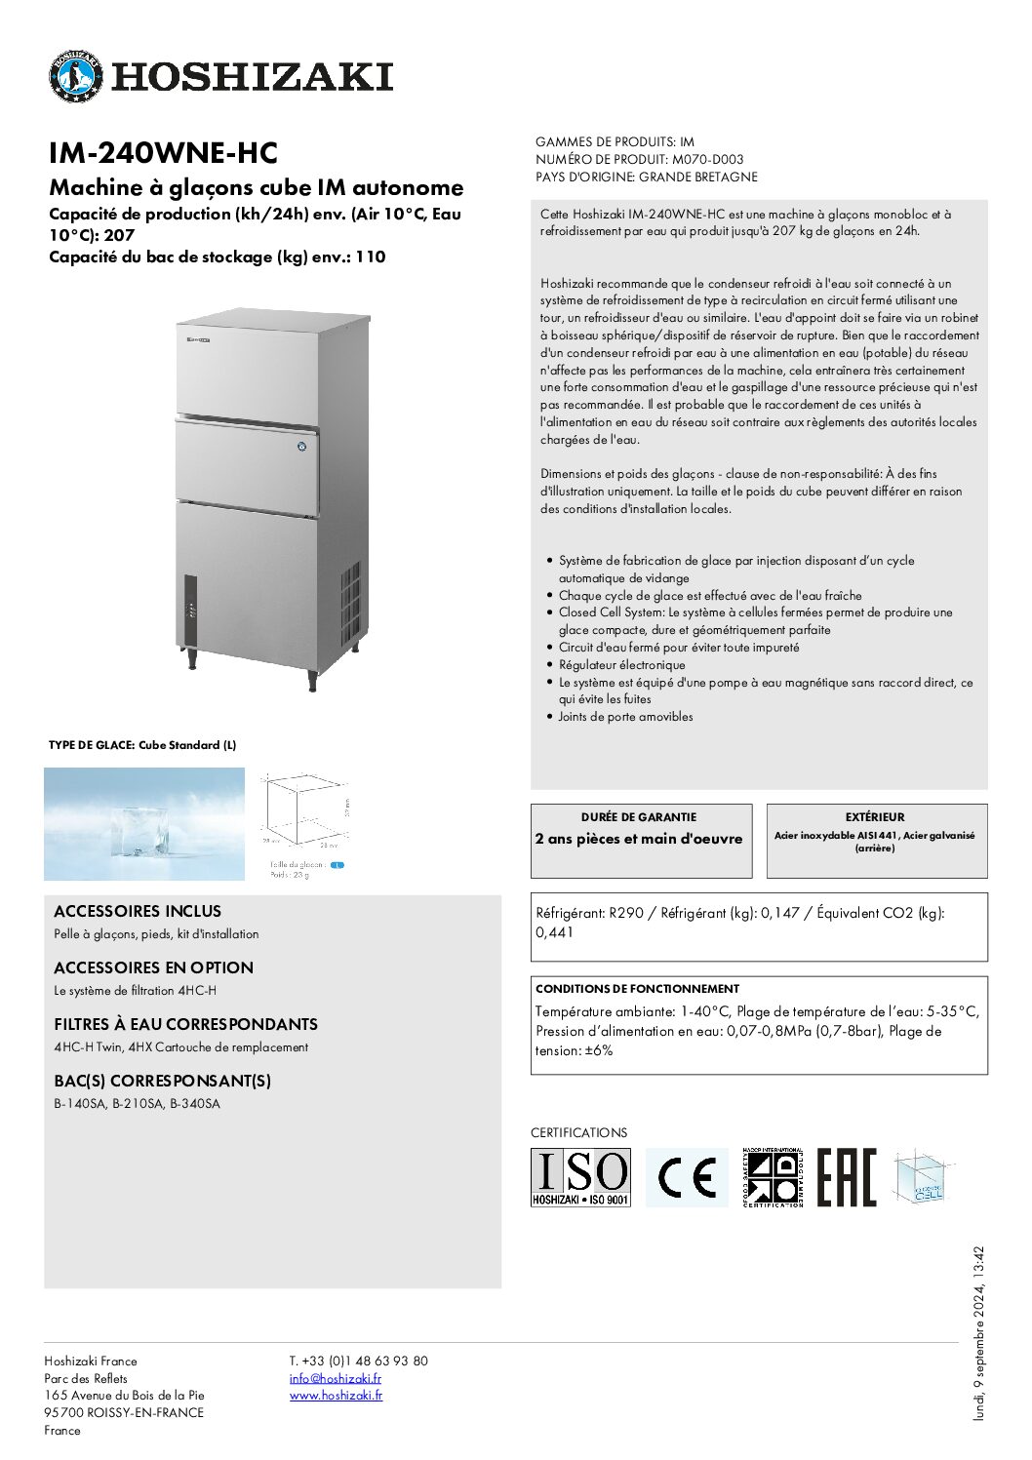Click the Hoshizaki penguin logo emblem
(76, 76)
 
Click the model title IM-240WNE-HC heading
(163, 153)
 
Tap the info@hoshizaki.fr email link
(335, 1378)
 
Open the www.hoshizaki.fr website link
(336, 1395)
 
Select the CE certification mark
(687, 1177)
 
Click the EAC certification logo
(846, 1177)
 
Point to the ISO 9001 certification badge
(580, 1177)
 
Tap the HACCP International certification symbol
(772, 1177)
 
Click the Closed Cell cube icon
(921, 1177)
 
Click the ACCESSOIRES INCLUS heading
(138, 911)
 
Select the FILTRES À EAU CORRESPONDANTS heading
(185, 1024)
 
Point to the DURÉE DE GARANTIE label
(639, 817)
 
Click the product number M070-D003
(707, 159)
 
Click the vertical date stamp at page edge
(979, 1332)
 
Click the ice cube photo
(144, 824)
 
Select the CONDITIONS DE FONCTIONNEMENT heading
(637, 988)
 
